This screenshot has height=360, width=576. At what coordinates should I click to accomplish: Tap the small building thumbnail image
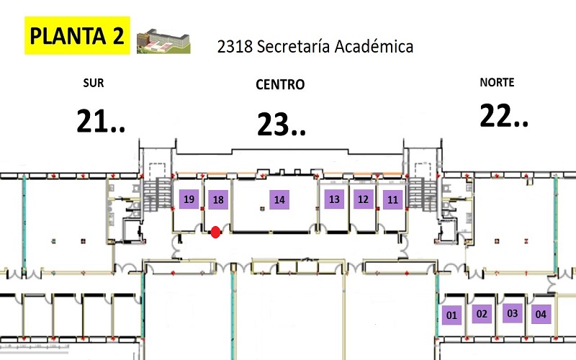point(163,40)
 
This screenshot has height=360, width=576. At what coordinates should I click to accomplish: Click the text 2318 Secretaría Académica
point(315,47)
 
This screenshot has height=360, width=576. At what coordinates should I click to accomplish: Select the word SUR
point(94,84)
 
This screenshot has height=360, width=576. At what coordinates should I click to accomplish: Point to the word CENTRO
point(280,85)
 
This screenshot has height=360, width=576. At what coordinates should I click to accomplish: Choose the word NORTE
point(497,83)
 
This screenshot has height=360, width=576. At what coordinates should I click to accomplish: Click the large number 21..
point(101,122)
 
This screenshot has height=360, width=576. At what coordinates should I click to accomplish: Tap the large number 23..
point(282,125)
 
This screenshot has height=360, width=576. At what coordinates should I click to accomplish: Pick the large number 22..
point(504,116)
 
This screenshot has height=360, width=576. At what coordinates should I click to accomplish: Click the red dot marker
point(215,231)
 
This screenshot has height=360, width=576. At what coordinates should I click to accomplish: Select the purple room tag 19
point(189,199)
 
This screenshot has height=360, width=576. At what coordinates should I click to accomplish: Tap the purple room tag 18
point(218,200)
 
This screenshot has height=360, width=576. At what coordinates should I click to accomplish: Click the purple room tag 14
point(279,200)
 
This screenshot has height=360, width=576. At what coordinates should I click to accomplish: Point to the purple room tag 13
point(333,199)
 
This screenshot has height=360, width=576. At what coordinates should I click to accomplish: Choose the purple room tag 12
point(363,199)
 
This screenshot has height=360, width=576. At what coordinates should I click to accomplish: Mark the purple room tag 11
point(392,199)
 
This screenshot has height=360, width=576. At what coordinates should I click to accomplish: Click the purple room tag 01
point(451,315)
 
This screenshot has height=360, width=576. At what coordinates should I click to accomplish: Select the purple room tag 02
point(482,314)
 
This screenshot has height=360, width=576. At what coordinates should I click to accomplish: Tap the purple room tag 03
point(512,313)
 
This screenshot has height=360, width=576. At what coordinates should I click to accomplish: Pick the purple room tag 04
point(541,315)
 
